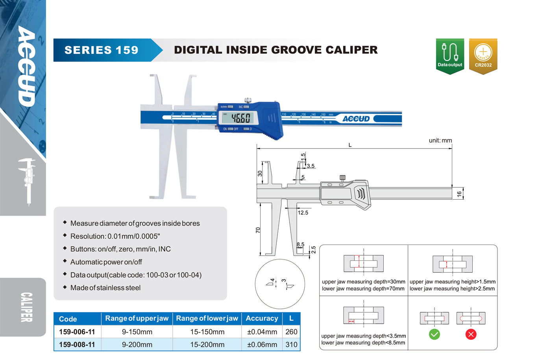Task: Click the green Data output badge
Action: (450, 56)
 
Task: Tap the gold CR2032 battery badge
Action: (483, 56)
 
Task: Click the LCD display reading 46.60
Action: (239, 118)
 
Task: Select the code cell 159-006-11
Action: (77, 332)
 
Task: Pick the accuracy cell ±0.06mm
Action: (262, 345)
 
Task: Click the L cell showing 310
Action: (291, 345)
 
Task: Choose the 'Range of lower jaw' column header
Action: (207, 318)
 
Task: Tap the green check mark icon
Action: (435, 334)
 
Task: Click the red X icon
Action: (471, 334)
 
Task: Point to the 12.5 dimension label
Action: (303, 213)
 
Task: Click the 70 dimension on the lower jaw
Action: (257, 230)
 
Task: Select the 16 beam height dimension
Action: (459, 194)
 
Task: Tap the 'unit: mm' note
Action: (440, 140)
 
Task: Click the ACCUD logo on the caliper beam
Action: (356, 119)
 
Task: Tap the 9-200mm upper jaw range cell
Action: (137, 345)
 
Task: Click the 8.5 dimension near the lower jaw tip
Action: (300, 244)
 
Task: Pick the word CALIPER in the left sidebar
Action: (26, 307)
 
